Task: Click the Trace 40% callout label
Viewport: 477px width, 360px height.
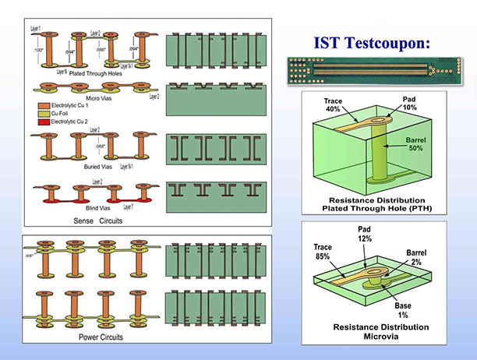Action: tap(334, 104)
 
